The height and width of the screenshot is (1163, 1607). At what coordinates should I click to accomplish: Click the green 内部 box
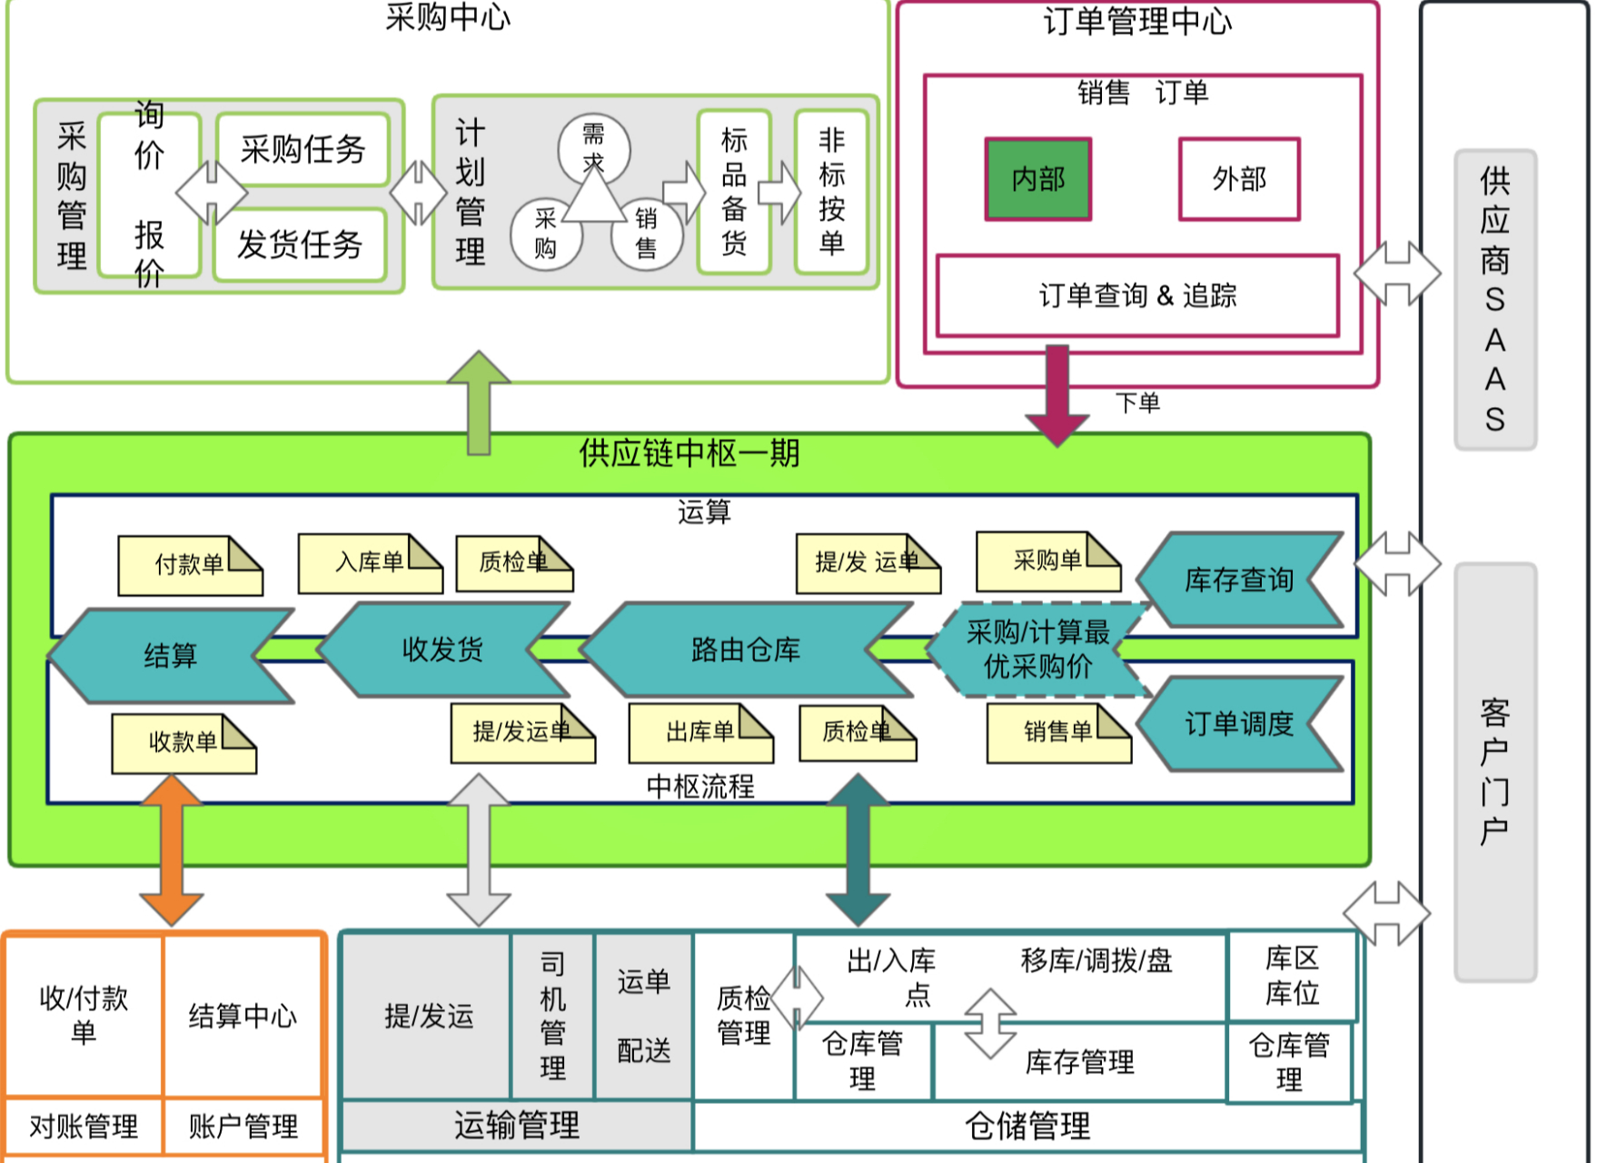(x=1037, y=179)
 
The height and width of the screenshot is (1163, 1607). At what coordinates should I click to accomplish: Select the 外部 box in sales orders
(x=1238, y=179)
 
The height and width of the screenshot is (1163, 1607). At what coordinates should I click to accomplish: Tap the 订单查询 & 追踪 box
(x=1137, y=295)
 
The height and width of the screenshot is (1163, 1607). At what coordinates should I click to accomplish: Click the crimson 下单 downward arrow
(x=1056, y=395)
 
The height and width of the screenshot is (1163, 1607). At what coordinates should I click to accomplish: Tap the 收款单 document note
(x=183, y=743)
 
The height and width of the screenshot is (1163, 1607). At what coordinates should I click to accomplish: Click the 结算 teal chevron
(x=170, y=655)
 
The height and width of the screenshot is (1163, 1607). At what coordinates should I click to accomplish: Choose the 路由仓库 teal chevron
(x=745, y=650)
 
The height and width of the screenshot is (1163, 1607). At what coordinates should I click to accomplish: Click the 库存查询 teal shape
(x=1238, y=580)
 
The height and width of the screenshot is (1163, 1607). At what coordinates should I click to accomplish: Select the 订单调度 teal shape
(x=1238, y=724)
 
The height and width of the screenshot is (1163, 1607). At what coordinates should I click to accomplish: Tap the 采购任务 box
(x=303, y=149)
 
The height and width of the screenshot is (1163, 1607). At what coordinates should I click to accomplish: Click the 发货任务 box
(x=300, y=244)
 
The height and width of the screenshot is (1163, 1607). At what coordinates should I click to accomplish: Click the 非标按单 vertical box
(x=831, y=192)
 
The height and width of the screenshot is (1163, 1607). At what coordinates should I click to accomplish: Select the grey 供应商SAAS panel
(x=1494, y=300)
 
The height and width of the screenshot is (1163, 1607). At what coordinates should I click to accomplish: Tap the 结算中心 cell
(x=243, y=1015)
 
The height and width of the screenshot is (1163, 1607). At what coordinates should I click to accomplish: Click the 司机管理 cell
(x=552, y=1015)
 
